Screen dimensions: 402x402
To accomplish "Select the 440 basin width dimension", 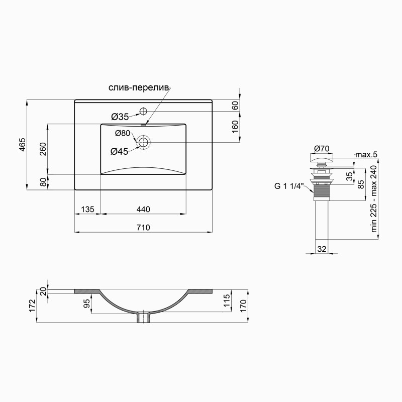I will click(143, 209).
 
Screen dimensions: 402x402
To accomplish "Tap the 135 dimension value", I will click(87, 209).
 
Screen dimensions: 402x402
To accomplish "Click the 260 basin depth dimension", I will click(43, 149).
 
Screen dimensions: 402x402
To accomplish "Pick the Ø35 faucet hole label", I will click(120, 117).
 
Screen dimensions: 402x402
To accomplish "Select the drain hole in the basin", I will click(144, 143).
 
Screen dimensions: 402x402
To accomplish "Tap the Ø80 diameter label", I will click(123, 133).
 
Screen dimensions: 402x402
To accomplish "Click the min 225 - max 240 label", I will click(373, 198).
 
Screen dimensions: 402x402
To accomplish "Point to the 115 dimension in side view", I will click(227, 300).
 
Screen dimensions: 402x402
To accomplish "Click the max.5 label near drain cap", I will click(365, 154).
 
